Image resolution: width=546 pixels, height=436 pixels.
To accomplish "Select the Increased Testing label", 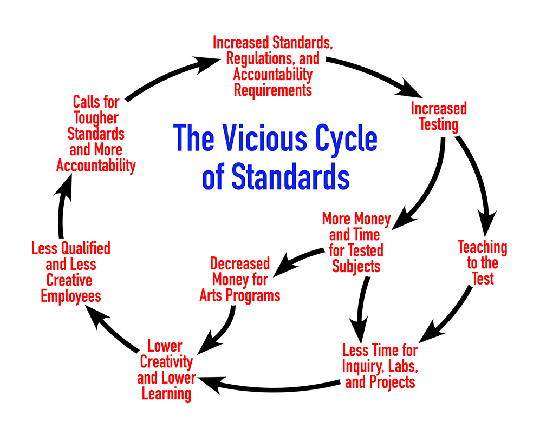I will pyautogui.click(x=438, y=116).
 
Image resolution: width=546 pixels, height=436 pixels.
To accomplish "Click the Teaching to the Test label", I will pyautogui.click(x=482, y=263).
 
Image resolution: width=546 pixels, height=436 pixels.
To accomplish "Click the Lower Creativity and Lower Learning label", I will pyautogui.click(x=166, y=370).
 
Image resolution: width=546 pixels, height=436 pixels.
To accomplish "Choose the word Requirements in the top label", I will pyautogui.click(x=272, y=89).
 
